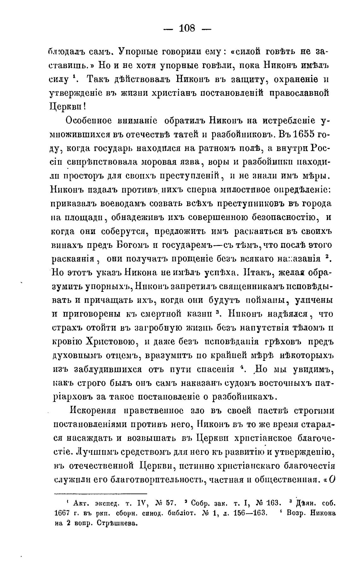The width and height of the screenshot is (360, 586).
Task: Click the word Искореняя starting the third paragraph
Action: point(93,411)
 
